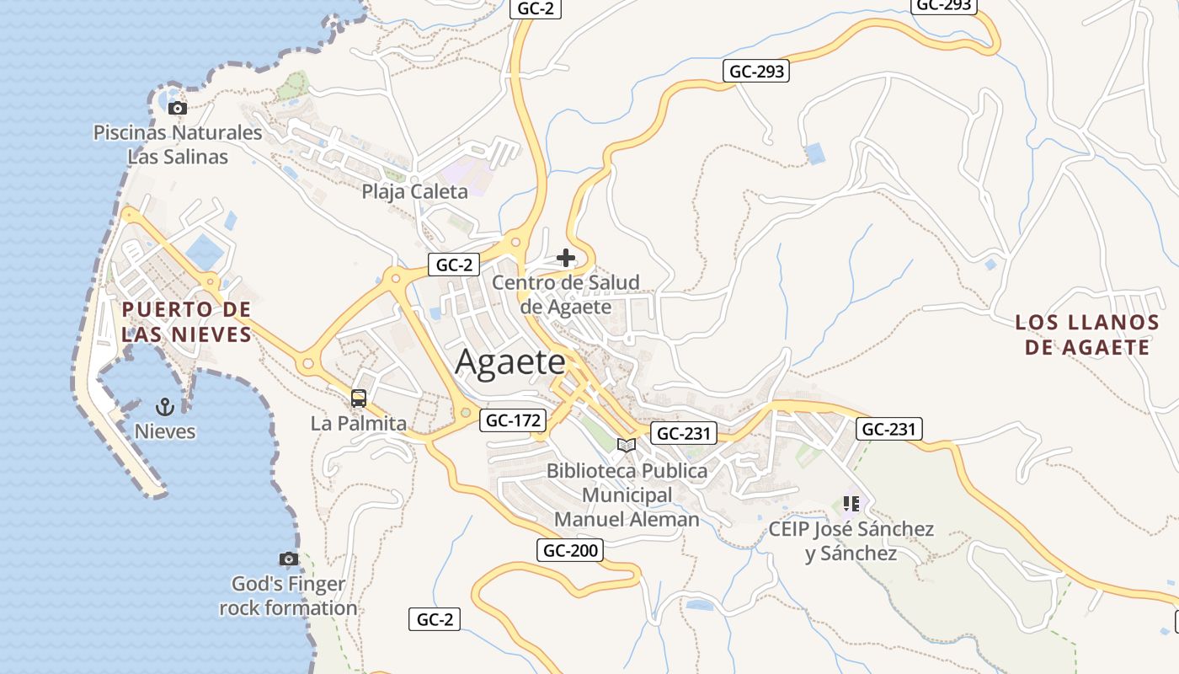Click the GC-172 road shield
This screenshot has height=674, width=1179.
coord(513,420)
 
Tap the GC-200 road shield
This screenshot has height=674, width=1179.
coord(570,551)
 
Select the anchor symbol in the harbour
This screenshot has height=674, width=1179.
coord(165,408)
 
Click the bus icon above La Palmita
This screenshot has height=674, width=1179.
coord(359,399)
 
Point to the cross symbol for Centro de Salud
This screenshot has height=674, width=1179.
coord(566,258)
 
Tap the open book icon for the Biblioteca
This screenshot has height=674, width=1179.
coord(627,445)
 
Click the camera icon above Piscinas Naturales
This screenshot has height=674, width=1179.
coord(177,108)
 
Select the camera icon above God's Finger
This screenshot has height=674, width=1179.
coord(289,559)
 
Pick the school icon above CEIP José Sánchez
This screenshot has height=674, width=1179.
coord(851,504)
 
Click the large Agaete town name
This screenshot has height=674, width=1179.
coord(510,362)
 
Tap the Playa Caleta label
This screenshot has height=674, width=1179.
coord(414,191)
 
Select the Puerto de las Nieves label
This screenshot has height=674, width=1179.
coord(186,322)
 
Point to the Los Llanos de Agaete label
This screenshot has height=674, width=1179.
coord(1087,334)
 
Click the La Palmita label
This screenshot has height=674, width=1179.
coord(359,423)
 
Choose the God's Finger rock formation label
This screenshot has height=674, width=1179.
coord(288,596)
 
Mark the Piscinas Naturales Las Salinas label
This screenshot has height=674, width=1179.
coord(178,144)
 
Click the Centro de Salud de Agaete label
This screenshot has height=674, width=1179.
coord(566,294)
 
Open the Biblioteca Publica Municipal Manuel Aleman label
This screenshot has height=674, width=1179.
coord(627,495)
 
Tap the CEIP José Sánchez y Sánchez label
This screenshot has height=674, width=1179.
coord(851,541)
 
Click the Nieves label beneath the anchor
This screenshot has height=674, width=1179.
coord(165,431)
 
